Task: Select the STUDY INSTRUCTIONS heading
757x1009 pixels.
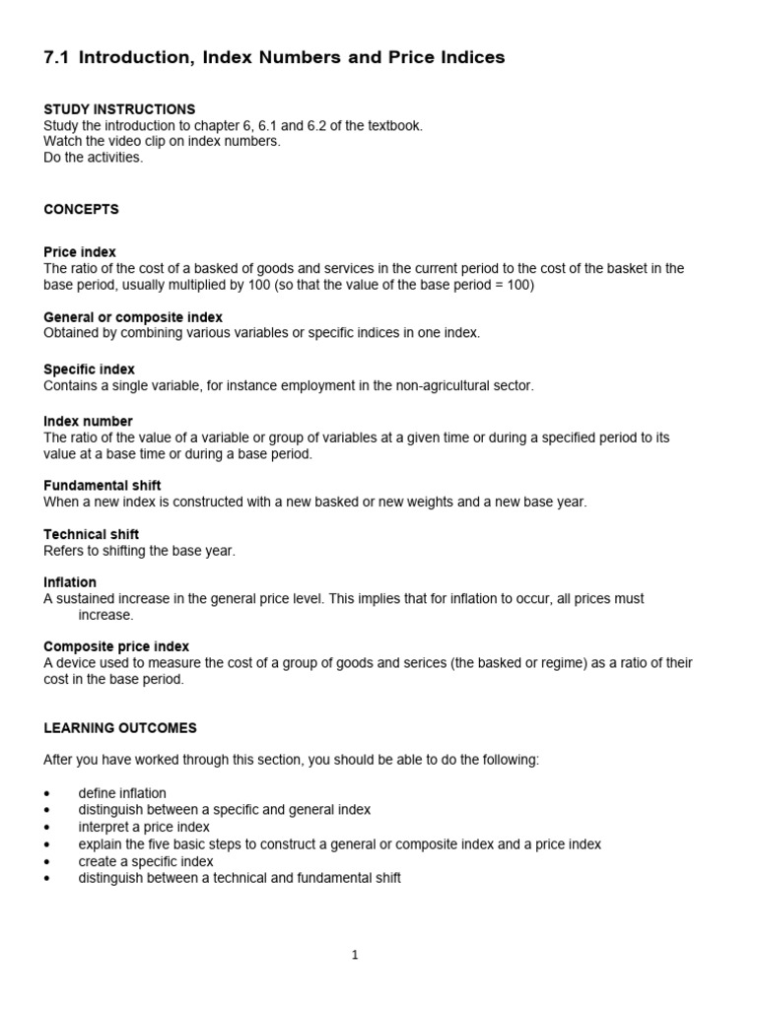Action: (119, 109)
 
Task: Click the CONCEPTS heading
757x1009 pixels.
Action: (81, 209)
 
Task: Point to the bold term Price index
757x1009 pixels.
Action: (80, 252)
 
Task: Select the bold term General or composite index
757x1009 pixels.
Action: (133, 317)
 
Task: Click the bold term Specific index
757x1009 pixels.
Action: (89, 370)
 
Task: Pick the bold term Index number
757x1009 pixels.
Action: (88, 422)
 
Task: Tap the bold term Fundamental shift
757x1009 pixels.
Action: (103, 486)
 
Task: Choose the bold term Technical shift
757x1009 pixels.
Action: (92, 535)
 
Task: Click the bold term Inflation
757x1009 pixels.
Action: (70, 582)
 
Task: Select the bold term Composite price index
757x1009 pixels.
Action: (116, 646)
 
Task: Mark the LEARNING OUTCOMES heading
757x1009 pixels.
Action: (120, 728)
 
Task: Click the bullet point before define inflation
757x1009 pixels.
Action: (47, 794)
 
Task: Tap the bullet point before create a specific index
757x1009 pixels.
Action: (47, 862)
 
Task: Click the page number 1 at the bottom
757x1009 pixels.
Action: (355, 955)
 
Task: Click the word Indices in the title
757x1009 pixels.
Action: (466, 58)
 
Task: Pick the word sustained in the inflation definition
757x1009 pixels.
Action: (86, 598)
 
